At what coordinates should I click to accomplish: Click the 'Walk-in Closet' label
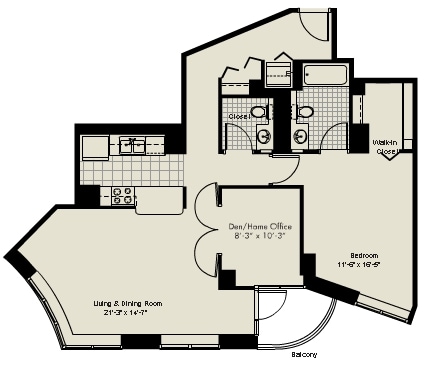click(x=385, y=147)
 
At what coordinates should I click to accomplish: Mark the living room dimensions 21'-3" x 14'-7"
click(x=128, y=312)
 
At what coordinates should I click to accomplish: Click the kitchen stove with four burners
click(x=123, y=196)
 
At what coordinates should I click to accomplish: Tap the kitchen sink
click(x=130, y=144)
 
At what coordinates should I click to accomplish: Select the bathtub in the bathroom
click(x=324, y=74)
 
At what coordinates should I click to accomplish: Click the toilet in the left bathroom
click(x=258, y=113)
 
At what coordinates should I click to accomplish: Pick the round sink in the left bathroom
click(x=264, y=136)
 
